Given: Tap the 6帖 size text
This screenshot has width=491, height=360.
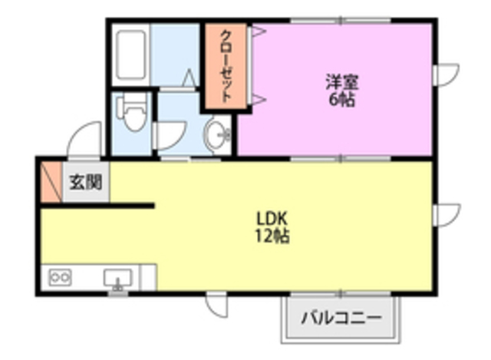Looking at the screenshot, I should pyautogui.click(x=341, y=99).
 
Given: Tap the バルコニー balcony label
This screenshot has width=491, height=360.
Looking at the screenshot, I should pyautogui.click(x=340, y=317).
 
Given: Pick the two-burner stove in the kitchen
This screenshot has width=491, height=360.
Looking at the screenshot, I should pyautogui.click(x=60, y=276).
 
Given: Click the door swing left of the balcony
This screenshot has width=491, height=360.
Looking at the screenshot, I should pyautogui.click(x=217, y=305).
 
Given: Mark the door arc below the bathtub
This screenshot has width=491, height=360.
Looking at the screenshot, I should pyautogui.click(x=189, y=78).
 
